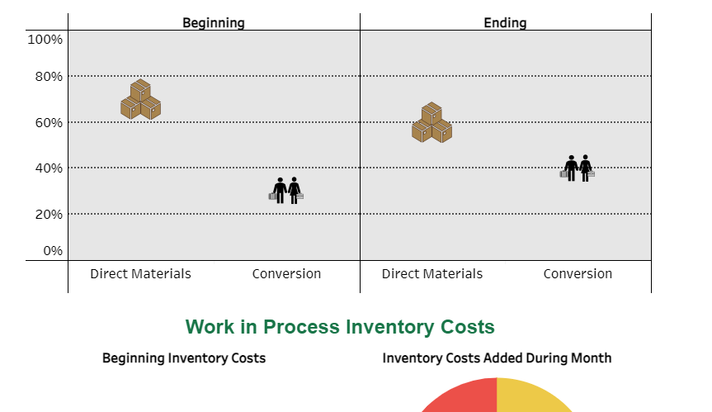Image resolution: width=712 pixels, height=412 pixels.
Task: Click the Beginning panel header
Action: tap(214, 22)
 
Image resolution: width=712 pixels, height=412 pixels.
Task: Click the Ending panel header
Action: tap(505, 22)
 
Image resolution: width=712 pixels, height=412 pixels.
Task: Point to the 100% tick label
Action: tap(45, 40)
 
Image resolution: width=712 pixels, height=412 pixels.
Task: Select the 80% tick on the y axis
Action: tap(48, 77)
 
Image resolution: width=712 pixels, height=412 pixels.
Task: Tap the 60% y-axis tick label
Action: tap(48, 123)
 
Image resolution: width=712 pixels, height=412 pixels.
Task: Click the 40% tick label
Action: tap(48, 168)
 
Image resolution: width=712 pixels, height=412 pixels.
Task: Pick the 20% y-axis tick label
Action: tap(48, 214)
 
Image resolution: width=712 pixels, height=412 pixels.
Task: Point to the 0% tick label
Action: tap(52, 250)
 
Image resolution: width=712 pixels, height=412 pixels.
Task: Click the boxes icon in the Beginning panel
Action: tap(140, 100)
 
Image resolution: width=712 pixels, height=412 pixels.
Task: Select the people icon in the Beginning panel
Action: tap(286, 191)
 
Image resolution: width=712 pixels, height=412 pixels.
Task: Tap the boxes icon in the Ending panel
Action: tap(431, 123)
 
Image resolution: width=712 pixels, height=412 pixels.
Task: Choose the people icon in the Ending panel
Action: tap(578, 168)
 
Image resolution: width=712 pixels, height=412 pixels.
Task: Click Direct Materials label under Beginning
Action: tap(140, 274)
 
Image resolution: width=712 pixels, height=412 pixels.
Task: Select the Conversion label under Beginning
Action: tap(286, 274)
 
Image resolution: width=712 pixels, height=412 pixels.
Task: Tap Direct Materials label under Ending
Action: tap(431, 274)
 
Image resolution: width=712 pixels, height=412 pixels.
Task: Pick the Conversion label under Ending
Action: tap(578, 274)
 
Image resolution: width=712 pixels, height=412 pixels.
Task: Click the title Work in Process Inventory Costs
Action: tap(340, 327)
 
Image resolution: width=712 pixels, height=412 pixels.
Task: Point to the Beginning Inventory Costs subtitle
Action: tap(184, 358)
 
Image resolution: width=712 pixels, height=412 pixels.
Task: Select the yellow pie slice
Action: tap(528, 397)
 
